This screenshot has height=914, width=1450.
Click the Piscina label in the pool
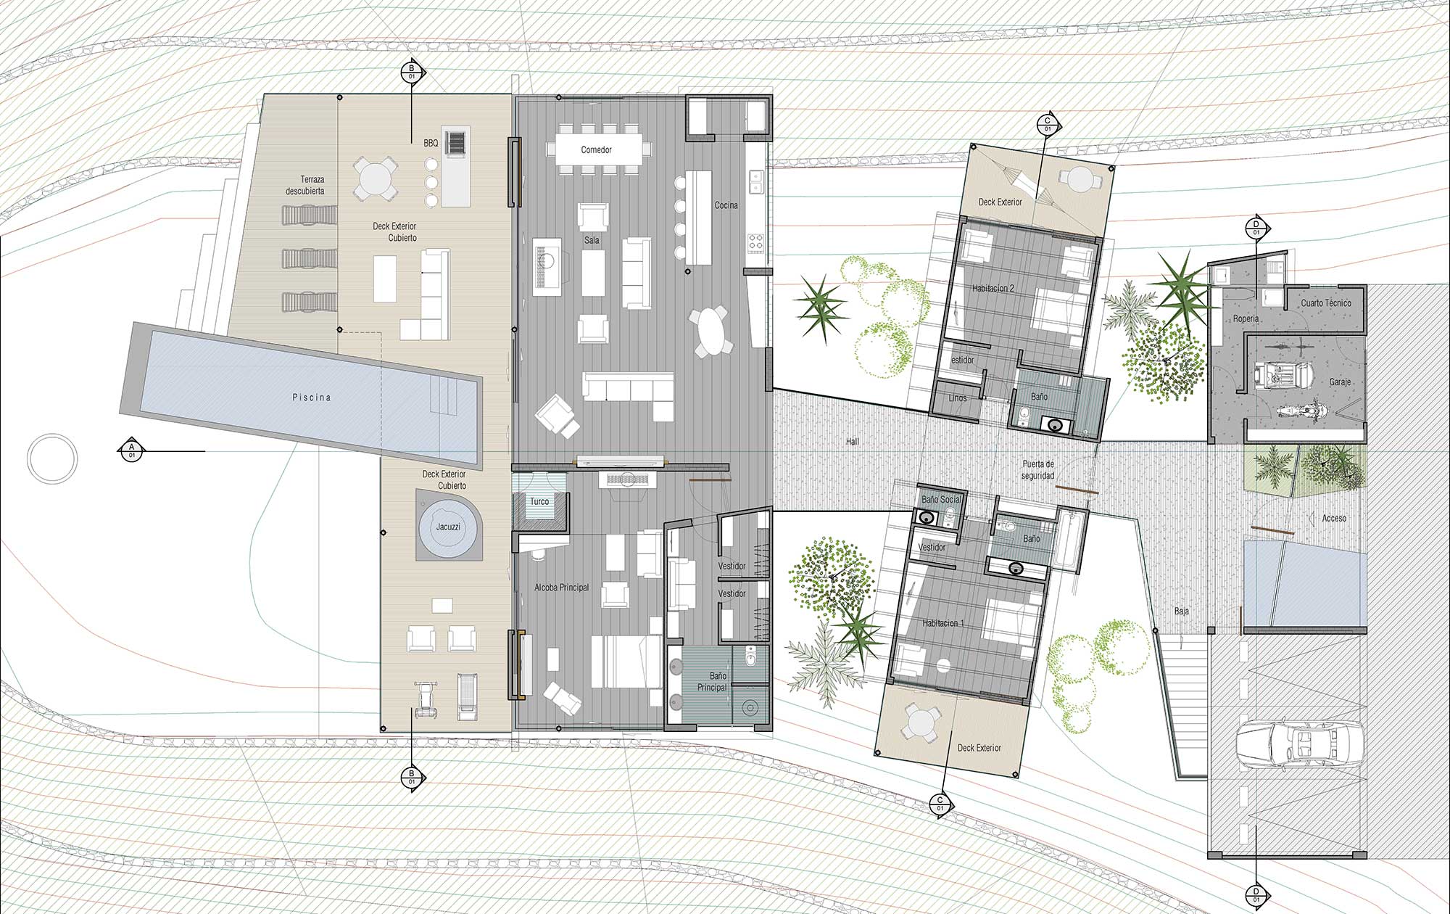(311, 398)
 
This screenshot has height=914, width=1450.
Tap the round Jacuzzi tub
(449, 527)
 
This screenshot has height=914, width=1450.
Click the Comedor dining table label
(596, 150)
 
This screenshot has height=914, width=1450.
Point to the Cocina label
(726, 205)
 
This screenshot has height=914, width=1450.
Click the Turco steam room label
(539, 501)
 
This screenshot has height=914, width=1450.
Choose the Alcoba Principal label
(562, 588)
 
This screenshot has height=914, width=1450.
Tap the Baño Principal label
(712, 682)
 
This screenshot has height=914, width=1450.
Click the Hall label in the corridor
(853, 441)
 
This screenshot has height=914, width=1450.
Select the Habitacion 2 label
(993, 288)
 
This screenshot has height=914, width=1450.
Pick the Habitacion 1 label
(944, 623)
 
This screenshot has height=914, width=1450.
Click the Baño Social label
(941, 500)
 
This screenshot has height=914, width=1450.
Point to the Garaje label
(1340, 382)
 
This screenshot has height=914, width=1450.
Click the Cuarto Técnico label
(1326, 303)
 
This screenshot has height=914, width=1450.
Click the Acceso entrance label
(1334, 518)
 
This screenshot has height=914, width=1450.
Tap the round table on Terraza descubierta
(374, 178)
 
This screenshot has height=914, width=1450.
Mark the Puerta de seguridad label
(1038, 469)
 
